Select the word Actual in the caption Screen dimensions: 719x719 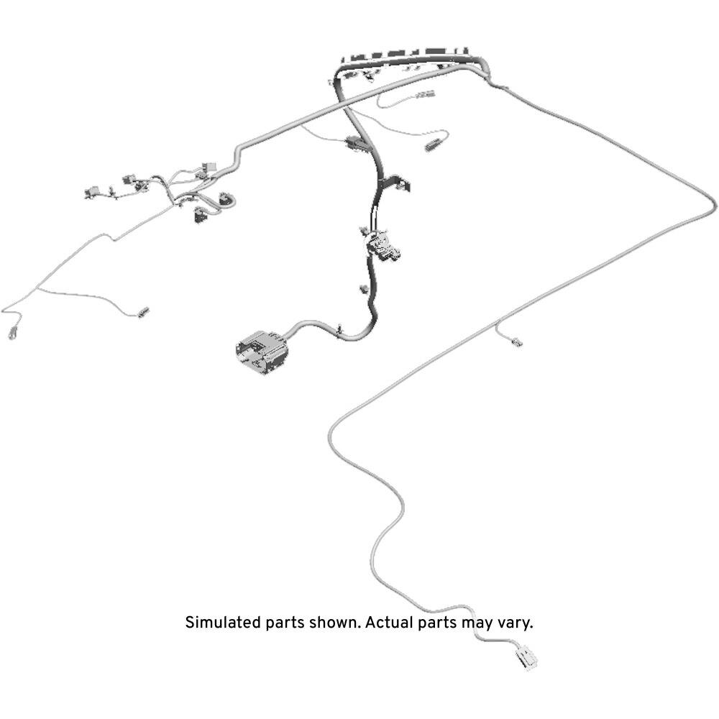click(x=389, y=623)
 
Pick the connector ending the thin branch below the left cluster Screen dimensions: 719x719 click(x=144, y=312)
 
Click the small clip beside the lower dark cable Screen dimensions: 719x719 click(x=365, y=289)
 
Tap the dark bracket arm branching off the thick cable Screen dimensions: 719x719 click(x=396, y=182)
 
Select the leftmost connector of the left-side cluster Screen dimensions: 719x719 click(x=92, y=192)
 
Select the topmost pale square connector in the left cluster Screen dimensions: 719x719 click(x=209, y=168)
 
